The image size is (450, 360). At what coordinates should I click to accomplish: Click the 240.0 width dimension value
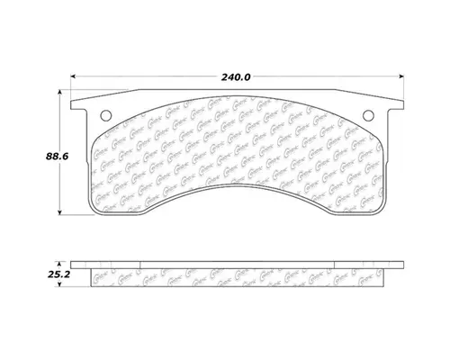pyautogui.click(x=236, y=76)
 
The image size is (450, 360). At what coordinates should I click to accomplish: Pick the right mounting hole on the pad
pyautogui.click(x=368, y=115)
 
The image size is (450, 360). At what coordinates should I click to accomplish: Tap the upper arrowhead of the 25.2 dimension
pyautogui.click(x=61, y=263)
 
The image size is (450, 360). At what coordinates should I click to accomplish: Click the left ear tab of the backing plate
pyautogui.click(x=82, y=106)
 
